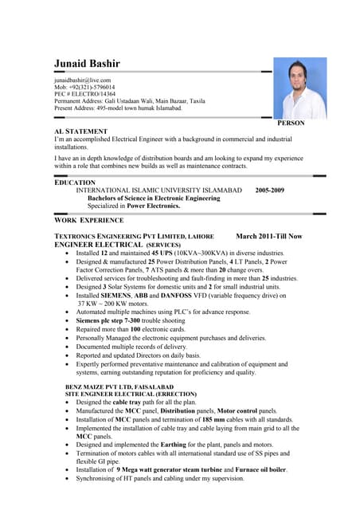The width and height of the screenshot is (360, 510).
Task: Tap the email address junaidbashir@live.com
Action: [82, 80]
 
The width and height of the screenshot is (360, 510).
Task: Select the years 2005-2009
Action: [269, 191]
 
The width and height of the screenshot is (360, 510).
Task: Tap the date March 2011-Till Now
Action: [269, 237]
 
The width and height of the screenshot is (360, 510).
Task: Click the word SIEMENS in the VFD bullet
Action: [117, 295]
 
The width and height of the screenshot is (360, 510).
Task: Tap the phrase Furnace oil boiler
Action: [251, 470]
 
